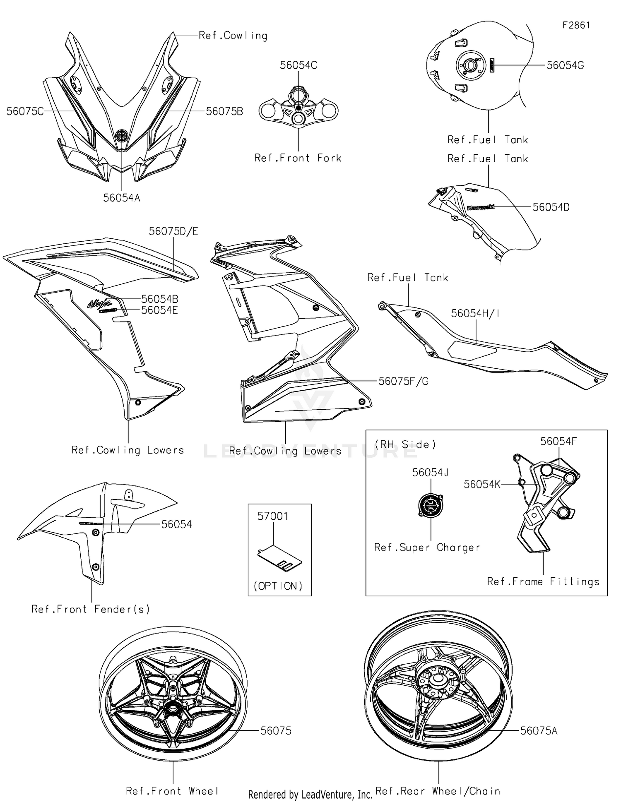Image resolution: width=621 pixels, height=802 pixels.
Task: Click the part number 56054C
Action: pyautogui.click(x=298, y=65)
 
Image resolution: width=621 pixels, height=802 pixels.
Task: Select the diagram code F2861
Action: pyautogui.click(x=576, y=25)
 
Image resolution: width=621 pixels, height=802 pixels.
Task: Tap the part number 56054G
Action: pyautogui.click(x=565, y=65)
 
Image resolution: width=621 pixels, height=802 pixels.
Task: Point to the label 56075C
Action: pyautogui.click(x=25, y=111)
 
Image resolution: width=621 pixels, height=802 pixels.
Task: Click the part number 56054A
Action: pyautogui.click(x=122, y=198)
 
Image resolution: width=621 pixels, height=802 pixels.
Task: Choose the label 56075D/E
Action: pyautogui.click(x=173, y=231)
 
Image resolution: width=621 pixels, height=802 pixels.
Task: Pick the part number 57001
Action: pyautogui.click(x=273, y=516)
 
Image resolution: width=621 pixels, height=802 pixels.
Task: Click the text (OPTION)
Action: pyautogui.click(x=278, y=586)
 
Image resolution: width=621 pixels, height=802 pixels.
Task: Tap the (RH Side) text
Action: pyautogui.click(x=405, y=444)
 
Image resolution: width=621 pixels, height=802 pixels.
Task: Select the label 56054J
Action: pyautogui.click(x=430, y=473)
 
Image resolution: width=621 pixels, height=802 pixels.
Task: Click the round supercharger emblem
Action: pyautogui.click(x=431, y=505)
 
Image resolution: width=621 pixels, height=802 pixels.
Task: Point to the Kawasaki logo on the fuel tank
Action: pyautogui.click(x=481, y=207)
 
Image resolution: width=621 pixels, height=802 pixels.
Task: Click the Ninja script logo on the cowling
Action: pyautogui.click(x=99, y=303)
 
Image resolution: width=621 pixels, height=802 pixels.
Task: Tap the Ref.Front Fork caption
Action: pyautogui.click(x=298, y=158)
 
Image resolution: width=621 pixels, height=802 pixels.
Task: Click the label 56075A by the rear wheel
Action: pyautogui.click(x=539, y=731)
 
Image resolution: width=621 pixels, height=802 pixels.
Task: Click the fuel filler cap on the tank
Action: pyautogui.click(x=470, y=65)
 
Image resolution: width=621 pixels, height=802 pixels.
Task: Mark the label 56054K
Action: pyautogui.click(x=482, y=484)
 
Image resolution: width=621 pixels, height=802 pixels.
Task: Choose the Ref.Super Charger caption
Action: pyautogui.click(x=427, y=547)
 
